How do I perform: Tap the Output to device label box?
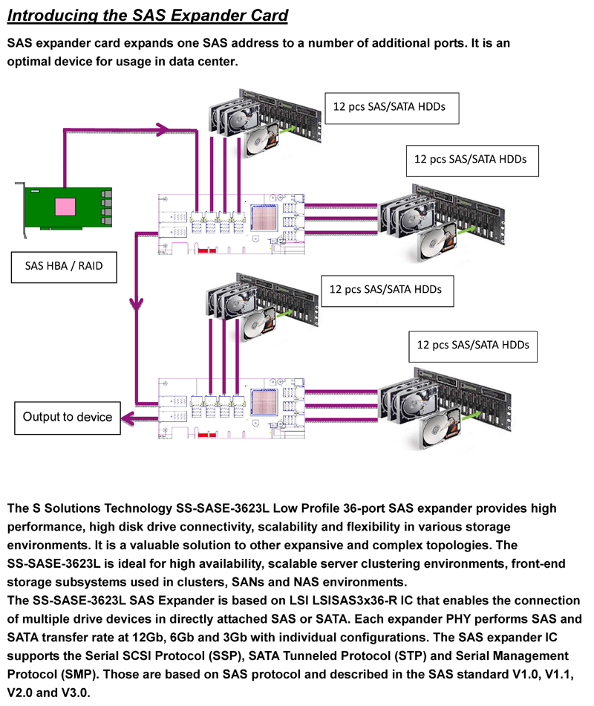coord(67,416)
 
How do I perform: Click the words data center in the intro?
coord(203,62)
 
